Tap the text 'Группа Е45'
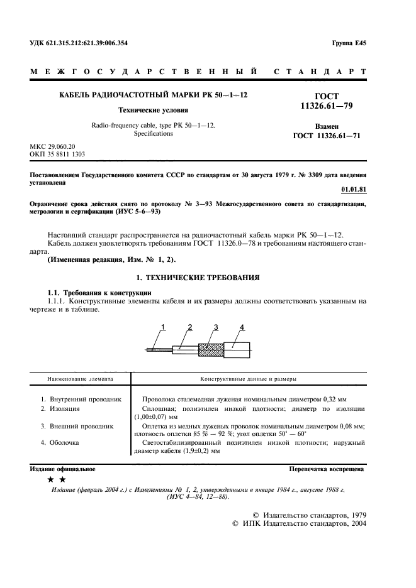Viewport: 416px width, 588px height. pyautogui.click(x=349, y=43)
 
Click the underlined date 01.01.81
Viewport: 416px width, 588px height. pyautogui.click(x=352, y=188)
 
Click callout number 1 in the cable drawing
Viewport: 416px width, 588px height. pyautogui.click(x=162, y=326)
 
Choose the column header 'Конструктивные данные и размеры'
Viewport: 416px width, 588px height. pyautogui.click(x=249, y=379)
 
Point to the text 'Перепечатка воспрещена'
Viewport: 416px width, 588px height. pyautogui.click(x=326, y=469)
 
